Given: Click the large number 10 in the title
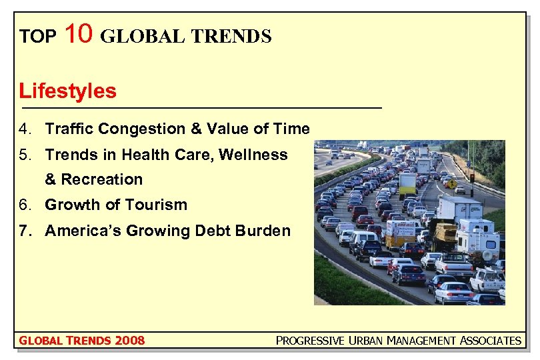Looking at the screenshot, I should [79, 33].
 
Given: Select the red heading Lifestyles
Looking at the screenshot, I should [67, 91].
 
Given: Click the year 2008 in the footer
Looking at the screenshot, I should [129, 341].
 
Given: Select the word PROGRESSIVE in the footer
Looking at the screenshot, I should [310, 341].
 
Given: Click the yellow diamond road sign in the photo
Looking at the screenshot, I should [452, 183].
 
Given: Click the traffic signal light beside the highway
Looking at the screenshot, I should [472, 177].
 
